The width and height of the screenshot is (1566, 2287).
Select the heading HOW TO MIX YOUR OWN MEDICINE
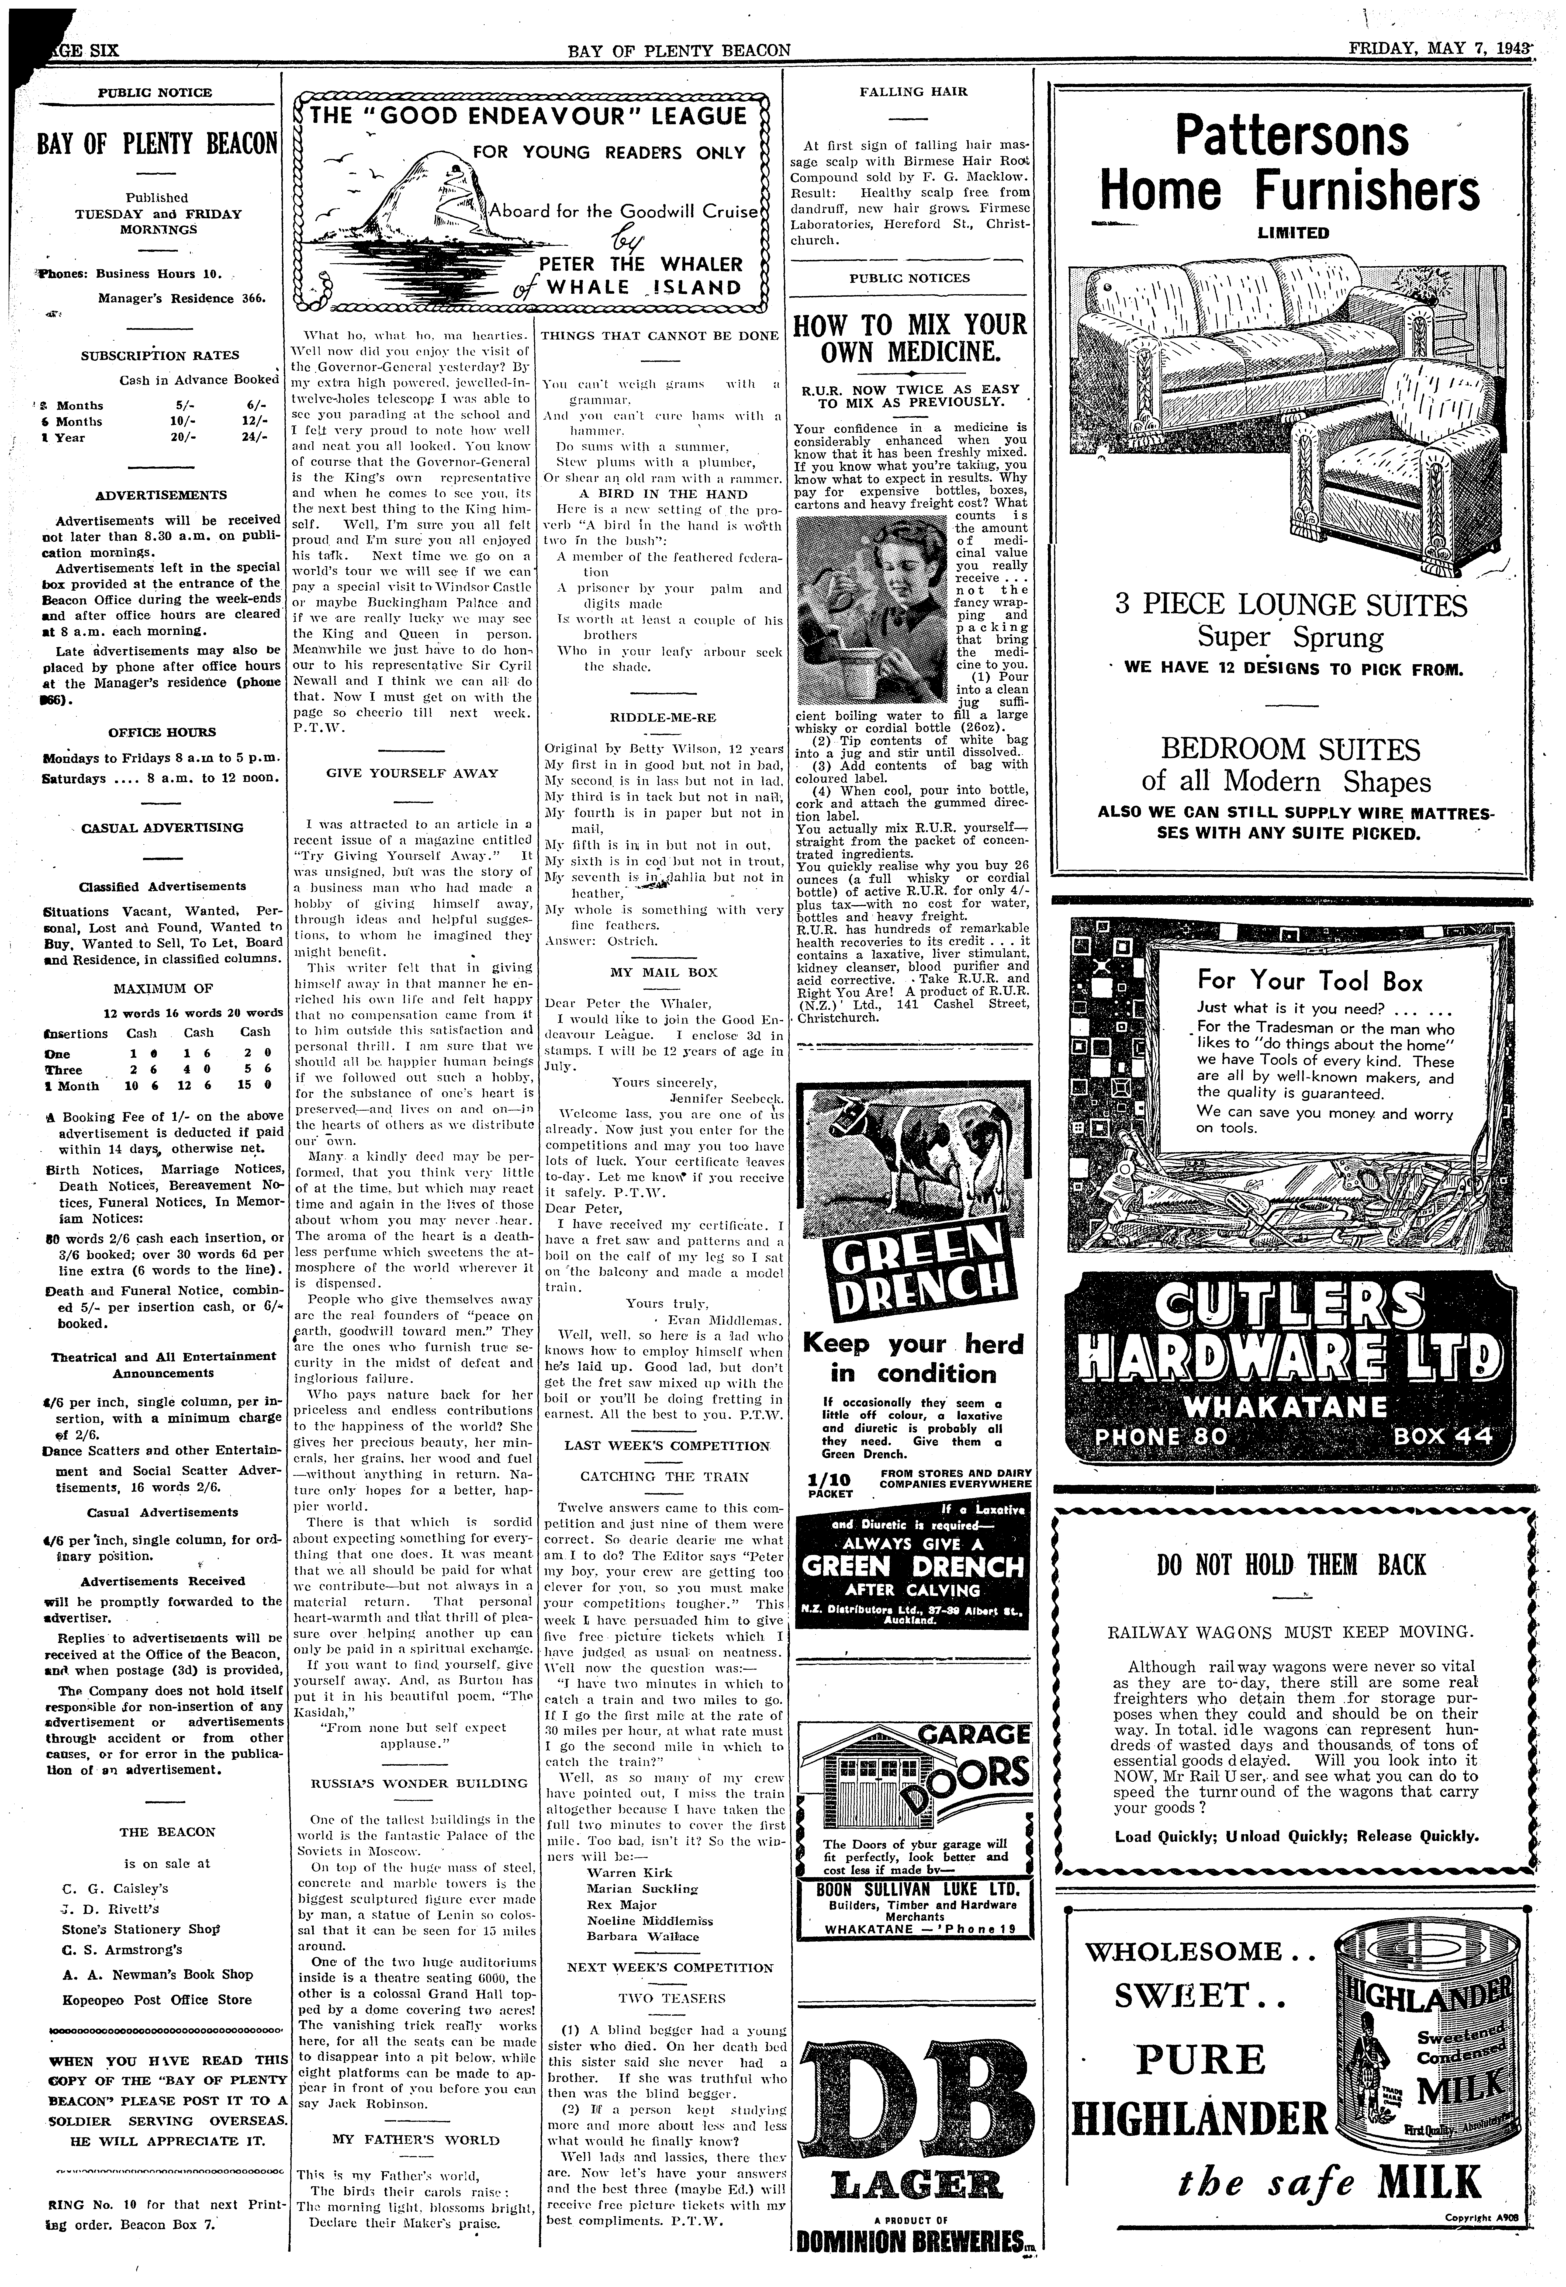[910, 339]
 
